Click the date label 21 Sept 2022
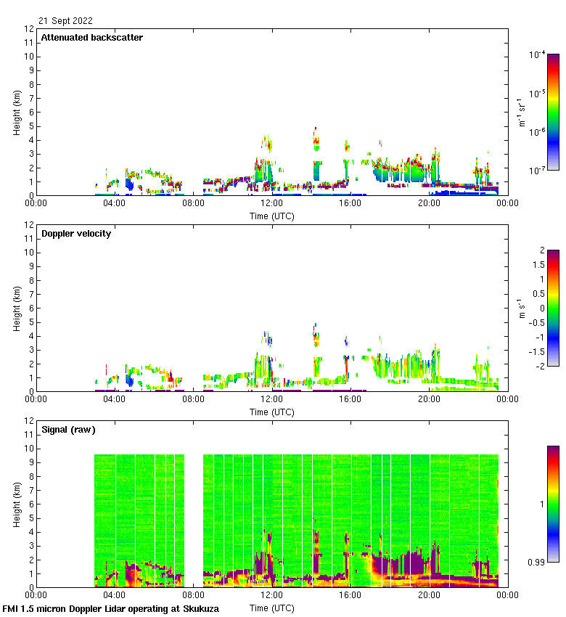(65, 21)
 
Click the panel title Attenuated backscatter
(91, 38)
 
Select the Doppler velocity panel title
(76, 234)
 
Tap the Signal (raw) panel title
(68, 430)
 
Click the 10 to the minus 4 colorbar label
(537, 54)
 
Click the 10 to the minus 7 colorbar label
(537, 171)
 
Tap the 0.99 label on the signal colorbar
(538, 563)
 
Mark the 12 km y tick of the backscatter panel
(30, 29)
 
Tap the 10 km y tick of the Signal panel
(30, 449)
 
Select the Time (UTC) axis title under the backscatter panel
(272, 216)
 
